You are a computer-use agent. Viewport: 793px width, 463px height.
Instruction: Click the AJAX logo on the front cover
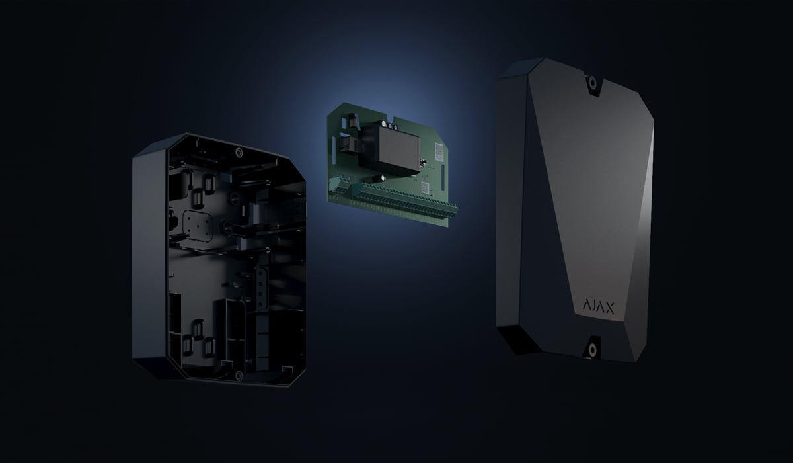click(598, 307)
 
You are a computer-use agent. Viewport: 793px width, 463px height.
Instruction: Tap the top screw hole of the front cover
click(592, 83)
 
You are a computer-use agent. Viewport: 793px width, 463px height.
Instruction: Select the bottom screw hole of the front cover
click(592, 350)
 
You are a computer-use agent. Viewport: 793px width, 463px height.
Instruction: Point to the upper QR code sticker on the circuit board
click(439, 150)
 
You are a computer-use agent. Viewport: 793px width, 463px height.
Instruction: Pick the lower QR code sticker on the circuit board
click(425, 187)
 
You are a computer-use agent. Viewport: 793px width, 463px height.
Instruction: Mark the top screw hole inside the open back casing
click(239, 153)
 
